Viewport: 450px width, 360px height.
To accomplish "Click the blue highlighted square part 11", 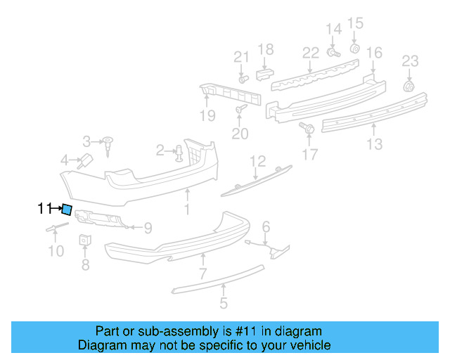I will click(x=67, y=209).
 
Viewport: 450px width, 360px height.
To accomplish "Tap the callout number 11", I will click(x=44, y=208).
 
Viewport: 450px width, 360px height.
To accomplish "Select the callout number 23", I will click(x=410, y=61).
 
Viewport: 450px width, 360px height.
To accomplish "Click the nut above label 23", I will click(x=408, y=86).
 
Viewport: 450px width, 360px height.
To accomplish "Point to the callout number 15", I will click(x=355, y=22).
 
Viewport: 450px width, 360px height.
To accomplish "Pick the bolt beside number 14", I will click(x=333, y=51).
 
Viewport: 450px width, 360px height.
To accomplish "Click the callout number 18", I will click(x=265, y=49).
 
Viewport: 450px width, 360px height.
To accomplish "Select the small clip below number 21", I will click(x=243, y=79).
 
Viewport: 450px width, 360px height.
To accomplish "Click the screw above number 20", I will click(x=240, y=110).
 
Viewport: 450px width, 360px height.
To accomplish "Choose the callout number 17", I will click(x=310, y=153).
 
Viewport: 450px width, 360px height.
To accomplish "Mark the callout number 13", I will click(x=374, y=144).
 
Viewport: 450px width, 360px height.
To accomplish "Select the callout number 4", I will click(x=64, y=160).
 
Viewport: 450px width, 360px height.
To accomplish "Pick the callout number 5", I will click(x=223, y=304).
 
